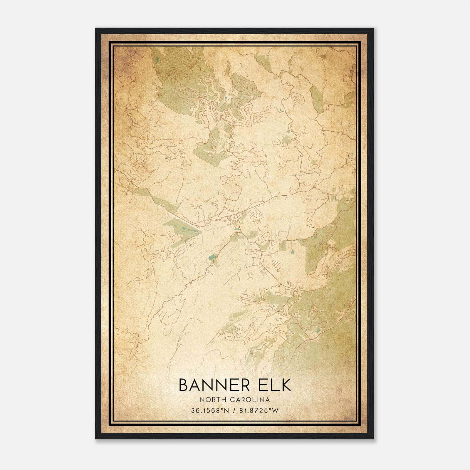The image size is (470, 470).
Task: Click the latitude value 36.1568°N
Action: pyautogui.click(x=210, y=411)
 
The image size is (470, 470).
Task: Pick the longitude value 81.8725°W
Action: pyautogui.click(x=258, y=411)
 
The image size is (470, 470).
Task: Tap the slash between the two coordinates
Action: pyautogui.click(x=234, y=411)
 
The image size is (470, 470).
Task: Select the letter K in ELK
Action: pyautogui.click(x=285, y=385)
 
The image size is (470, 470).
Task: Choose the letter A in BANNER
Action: pyautogui.click(x=196, y=385)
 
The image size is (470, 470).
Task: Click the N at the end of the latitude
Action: pyautogui.click(x=226, y=411)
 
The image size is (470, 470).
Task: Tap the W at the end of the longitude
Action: pyautogui.click(x=275, y=411)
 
